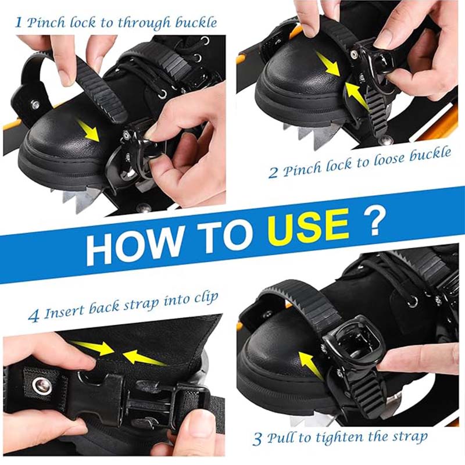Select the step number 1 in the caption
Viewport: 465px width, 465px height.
point(19,22)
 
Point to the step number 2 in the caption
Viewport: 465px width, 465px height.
point(273,173)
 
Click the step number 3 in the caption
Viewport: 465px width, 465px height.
point(257,439)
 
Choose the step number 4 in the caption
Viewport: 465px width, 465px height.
point(34,316)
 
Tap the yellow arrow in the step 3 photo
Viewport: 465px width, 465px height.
point(310,366)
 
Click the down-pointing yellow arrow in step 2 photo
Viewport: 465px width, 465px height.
point(328,64)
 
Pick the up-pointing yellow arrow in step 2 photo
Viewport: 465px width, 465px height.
point(357,94)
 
